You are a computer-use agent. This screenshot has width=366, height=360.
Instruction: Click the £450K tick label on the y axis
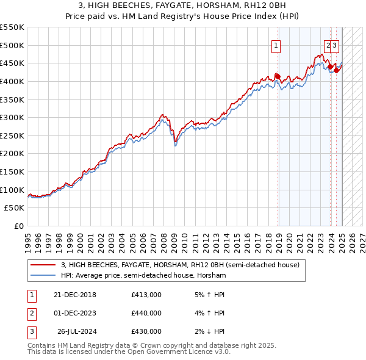pyautogui.click(x=12, y=63)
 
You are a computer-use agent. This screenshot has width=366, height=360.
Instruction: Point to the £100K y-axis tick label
pyautogui.click(x=12, y=190)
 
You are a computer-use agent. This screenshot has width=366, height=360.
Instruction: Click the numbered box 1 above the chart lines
pyautogui.click(x=276, y=45)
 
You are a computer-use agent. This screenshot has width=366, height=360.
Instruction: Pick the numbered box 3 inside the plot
pyautogui.click(x=335, y=45)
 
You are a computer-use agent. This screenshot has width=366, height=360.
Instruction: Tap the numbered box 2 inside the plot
pyautogui.click(x=328, y=45)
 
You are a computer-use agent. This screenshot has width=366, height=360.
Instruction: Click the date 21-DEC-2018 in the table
pyautogui.click(x=74, y=295)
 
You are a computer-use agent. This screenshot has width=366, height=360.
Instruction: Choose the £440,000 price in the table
pyautogui.click(x=146, y=313)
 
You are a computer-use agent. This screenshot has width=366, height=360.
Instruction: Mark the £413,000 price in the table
pyautogui.click(x=146, y=295)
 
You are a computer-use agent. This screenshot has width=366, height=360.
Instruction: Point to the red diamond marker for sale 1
pyautogui.click(x=277, y=76)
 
